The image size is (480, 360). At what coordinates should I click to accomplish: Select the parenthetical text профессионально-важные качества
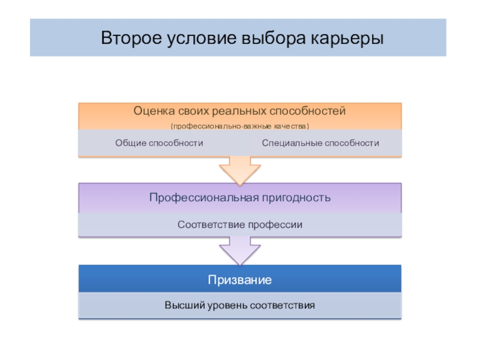240,125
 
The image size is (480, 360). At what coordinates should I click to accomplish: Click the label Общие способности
159,143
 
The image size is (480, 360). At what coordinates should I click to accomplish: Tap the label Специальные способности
320,143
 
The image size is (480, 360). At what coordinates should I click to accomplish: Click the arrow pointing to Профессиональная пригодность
239,170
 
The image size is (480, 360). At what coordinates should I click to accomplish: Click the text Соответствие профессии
240,224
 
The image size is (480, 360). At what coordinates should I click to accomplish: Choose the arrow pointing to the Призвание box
239,250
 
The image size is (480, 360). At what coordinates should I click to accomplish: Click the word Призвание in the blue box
240,280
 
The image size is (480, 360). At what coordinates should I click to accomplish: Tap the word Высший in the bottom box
182,305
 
